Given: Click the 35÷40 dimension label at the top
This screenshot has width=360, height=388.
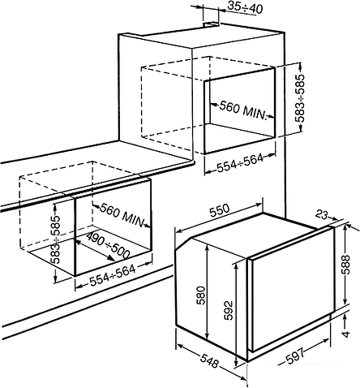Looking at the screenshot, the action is (x=244, y=7).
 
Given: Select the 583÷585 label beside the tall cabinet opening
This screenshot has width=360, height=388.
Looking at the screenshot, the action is (x=299, y=98).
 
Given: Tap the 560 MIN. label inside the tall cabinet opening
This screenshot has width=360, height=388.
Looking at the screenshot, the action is (x=242, y=110).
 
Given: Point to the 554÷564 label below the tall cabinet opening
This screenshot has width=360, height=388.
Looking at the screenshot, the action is (x=240, y=163).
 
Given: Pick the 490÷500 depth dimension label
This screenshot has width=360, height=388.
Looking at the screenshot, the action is (x=109, y=246).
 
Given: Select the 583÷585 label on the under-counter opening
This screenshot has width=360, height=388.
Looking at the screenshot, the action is (x=56, y=239).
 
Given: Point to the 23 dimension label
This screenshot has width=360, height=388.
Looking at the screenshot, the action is (x=321, y=215).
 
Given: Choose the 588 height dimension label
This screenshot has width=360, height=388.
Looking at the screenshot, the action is (x=345, y=265).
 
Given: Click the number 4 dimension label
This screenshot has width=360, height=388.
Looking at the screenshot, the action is (x=345, y=334).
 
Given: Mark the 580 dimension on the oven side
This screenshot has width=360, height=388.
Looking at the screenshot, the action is (x=201, y=295).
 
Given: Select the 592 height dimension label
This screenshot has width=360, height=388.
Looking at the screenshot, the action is (x=228, y=310).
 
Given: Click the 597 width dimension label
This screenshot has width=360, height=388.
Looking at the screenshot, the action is (x=295, y=356).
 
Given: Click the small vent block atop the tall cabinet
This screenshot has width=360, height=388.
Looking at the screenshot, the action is (x=212, y=24).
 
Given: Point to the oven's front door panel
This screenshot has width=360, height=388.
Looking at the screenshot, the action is (x=291, y=289).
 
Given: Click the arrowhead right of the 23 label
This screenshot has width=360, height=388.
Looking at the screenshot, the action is (x=335, y=218).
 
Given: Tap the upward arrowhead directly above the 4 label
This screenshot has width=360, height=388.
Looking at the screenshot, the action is (x=345, y=317).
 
